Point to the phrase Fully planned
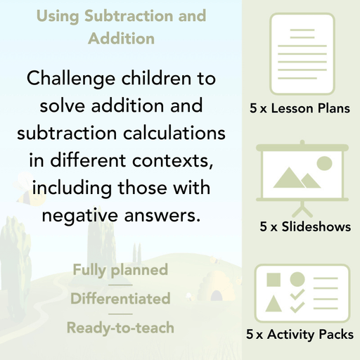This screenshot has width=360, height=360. coord(120,270)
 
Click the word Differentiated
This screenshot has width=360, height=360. coord(120,299)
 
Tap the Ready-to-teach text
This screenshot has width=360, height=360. coord(120,328)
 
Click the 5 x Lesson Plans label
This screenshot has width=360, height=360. coord(300,109)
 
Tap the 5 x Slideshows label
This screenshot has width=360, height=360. coord(305,227)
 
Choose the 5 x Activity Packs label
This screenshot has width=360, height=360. coord(300,335)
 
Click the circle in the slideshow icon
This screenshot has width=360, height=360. coord(324,164)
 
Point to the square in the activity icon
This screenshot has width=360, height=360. coord(274,279)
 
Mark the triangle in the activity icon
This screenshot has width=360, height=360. coord(274,304)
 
